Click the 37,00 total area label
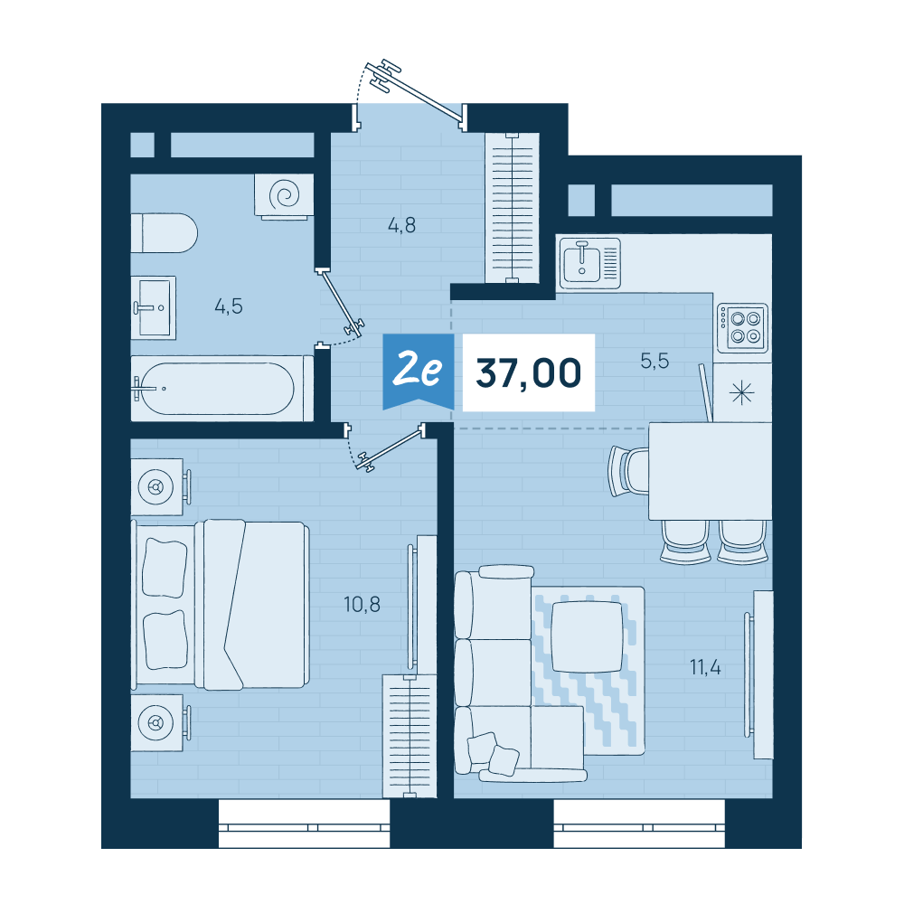coord(528,373)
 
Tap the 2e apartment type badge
coord(418,370)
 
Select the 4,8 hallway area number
coord(402,225)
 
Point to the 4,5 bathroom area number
coord(229,306)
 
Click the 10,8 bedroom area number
coord(363,604)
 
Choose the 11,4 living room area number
coord(705,668)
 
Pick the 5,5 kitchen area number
coord(654,361)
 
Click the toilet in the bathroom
coord(165,233)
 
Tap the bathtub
coord(222,388)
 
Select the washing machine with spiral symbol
coord(284,196)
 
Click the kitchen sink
coord(589,263)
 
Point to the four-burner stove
coord(742,328)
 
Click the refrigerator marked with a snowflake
coord(742,392)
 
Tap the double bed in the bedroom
coord(221,604)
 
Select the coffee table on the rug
coord(587,636)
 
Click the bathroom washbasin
coord(153,307)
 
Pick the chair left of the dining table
coord(629,472)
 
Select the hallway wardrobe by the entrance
coord(513,208)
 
